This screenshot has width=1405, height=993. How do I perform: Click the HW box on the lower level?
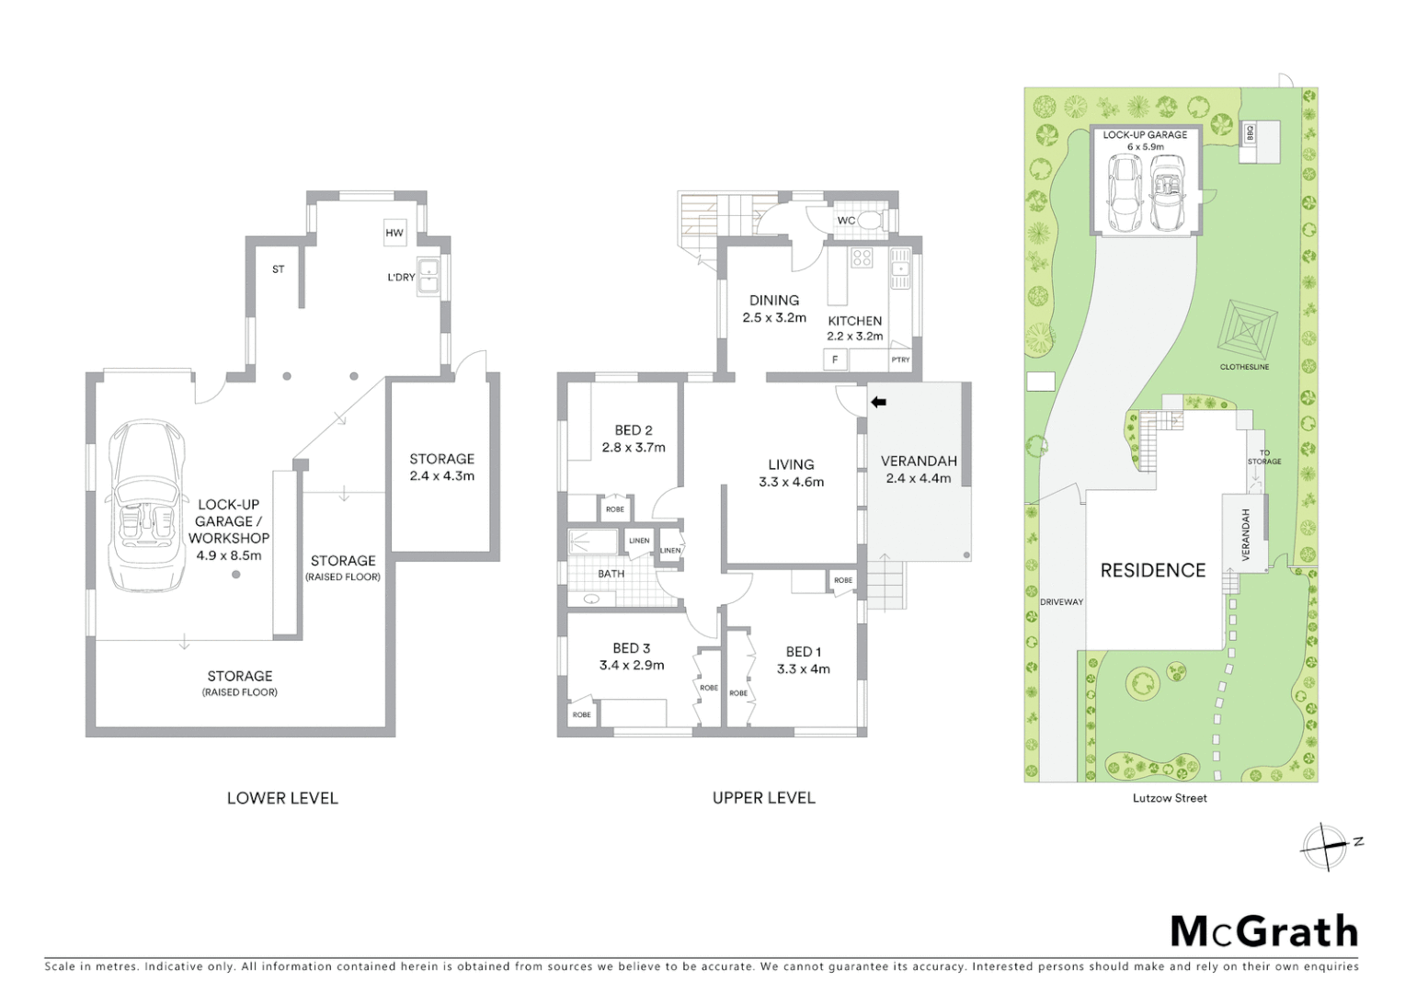394,233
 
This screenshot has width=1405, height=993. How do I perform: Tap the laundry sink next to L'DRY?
428,277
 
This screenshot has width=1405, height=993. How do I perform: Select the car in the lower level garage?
145,505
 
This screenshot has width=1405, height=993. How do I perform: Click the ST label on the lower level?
278,269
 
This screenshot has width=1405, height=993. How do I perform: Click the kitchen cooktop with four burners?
862,258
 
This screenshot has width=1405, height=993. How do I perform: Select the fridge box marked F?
835,360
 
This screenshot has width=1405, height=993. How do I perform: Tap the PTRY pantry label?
900,360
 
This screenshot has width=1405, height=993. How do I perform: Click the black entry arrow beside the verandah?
878,402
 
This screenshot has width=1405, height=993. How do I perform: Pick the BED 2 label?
633,430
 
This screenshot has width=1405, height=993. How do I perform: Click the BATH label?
611,574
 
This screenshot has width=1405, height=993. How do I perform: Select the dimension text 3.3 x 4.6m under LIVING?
791,482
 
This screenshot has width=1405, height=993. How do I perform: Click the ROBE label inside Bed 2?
614,508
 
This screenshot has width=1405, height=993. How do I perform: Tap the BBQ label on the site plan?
1249,133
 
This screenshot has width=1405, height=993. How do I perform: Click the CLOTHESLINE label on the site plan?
1244,367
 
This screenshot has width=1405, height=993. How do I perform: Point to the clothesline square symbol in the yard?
1247,327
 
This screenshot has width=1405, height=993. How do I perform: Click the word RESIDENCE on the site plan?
1152,570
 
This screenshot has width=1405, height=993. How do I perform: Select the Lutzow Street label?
1170,798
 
